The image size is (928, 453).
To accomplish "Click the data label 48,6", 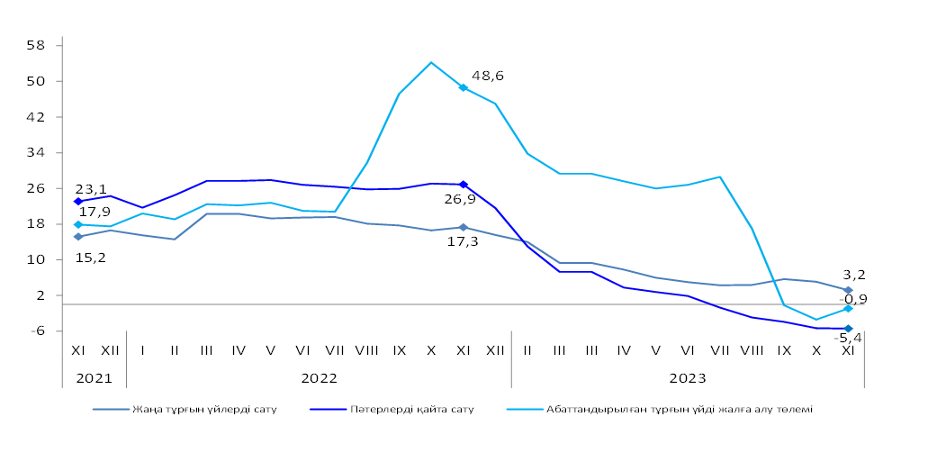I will pyautogui.click(x=487, y=77).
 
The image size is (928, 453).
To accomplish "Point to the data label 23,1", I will pyautogui.click(x=90, y=190).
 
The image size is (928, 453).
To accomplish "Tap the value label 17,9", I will pyautogui.click(x=95, y=212).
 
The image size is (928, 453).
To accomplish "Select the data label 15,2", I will pyautogui.click(x=90, y=258).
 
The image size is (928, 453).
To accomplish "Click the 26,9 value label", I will pyautogui.click(x=459, y=199).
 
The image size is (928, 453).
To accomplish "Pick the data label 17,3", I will pyautogui.click(x=463, y=241).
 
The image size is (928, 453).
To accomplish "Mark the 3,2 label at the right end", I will pyautogui.click(x=854, y=275).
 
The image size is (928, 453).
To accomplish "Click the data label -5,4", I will pyautogui.click(x=851, y=339).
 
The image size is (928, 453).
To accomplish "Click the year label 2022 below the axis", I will pyautogui.click(x=319, y=378).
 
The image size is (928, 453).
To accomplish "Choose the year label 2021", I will pyautogui.click(x=94, y=378).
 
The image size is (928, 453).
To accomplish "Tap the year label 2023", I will pyautogui.click(x=687, y=378).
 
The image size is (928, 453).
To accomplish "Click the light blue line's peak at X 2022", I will pyautogui.click(x=431, y=62).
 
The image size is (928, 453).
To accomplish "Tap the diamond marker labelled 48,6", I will pyautogui.click(x=463, y=87).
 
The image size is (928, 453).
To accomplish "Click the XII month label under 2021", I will pyautogui.click(x=110, y=349).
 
